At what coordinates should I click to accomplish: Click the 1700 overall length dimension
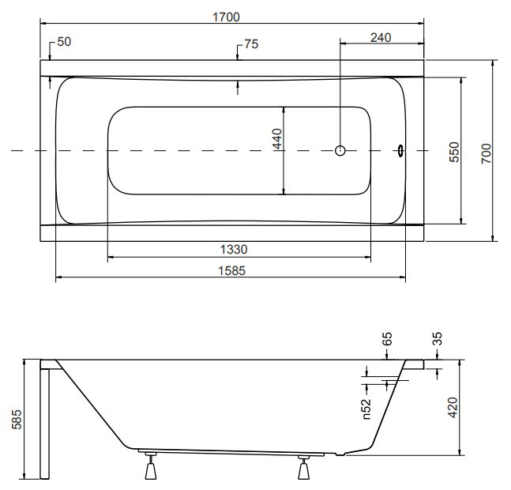click(x=226, y=17)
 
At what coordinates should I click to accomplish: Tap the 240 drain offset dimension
click(x=381, y=38)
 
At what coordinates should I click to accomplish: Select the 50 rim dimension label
click(x=64, y=42)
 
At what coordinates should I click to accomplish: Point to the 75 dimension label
click(x=251, y=44)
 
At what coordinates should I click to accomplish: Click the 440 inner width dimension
click(x=277, y=138)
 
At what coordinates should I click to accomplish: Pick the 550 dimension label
click(x=453, y=152)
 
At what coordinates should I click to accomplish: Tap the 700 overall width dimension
click(x=486, y=153)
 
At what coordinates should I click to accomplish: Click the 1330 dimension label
click(x=234, y=250)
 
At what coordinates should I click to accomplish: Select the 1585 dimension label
click(x=231, y=270)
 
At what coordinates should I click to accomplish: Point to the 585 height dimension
click(x=17, y=419)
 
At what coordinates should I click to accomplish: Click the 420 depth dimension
click(x=453, y=407)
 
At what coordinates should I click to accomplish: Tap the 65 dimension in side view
click(x=386, y=339)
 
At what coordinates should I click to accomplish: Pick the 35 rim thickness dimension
click(x=438, y=338)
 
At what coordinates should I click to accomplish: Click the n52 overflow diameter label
click(x=366, y=409)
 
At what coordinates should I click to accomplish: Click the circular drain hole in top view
click(x=340, y=151)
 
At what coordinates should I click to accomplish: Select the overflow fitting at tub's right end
click(x=400, y=151)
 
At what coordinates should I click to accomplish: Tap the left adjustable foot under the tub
click(x=151, y=465)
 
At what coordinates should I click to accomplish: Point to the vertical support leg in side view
click(x=45, y=424)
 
